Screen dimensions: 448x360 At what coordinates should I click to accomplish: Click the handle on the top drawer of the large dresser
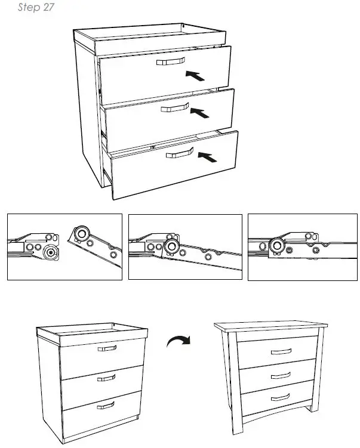tap(171, 62)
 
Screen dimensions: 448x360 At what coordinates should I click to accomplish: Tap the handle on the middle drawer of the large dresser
tap(175, 107)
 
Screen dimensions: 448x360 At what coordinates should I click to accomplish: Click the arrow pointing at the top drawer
tap(196, 75)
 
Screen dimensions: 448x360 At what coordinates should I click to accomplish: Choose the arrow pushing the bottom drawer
tap(207, 157)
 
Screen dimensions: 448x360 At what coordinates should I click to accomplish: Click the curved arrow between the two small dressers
tap(179, 342)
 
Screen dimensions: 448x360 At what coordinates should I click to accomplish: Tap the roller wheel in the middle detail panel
tap(172, 247)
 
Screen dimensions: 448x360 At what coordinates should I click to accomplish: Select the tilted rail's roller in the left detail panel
tap(81, 233)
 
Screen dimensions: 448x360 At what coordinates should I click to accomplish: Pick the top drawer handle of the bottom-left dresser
tap(107, 348)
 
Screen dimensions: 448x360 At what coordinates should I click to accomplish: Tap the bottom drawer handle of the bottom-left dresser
tap(106, 405)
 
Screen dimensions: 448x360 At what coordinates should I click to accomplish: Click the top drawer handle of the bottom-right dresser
tap(279, 352)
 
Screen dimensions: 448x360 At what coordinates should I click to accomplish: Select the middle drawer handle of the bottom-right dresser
tap(279, 376)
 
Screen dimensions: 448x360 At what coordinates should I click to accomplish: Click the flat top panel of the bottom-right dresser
tap(272, 326)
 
